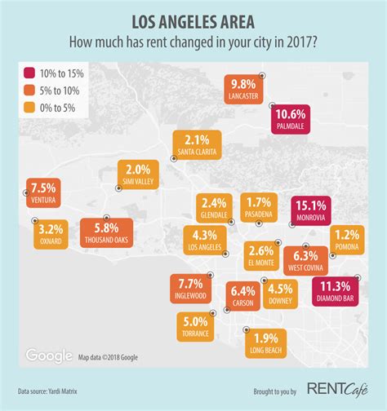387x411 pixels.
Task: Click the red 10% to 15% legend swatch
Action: (x=31, y=74)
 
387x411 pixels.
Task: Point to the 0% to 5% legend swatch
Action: (x=31, y=105)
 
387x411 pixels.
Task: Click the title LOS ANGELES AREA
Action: (x=193, y=18)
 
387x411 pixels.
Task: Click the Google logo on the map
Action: (x=49, y=356)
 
